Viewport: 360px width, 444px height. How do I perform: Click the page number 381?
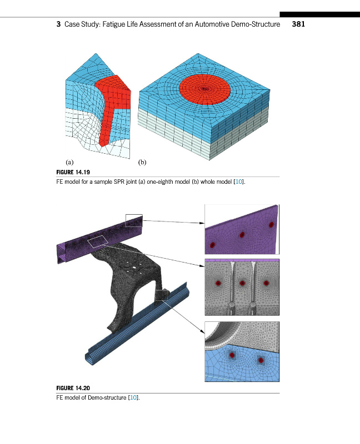click(x=298, y=24)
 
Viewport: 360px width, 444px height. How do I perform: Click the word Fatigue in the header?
click(x=114, y=24)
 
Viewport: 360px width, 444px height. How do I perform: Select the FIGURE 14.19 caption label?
click(x=73, y=172)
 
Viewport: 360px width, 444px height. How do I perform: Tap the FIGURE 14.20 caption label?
click(x=73, y=388)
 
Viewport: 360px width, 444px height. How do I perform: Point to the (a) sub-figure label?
click(x=69, y=162)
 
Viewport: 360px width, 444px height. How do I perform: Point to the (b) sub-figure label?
click(x=142, y=162)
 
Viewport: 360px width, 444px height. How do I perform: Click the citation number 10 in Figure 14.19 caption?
click(x=239, y=182)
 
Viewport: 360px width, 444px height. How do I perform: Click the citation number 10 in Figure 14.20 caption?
click(x=133, y=397)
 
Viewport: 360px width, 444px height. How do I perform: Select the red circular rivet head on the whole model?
click(x=204, y=89)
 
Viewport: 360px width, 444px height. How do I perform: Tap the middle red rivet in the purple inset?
click(x=242, y=235)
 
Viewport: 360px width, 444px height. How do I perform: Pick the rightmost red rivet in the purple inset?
click(x=271, y=225)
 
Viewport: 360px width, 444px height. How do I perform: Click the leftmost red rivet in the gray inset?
click(x=218, y=283)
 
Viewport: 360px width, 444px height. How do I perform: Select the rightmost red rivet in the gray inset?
click(x=266, y=283)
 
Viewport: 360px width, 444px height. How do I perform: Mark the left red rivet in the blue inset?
click(x=232, y=355)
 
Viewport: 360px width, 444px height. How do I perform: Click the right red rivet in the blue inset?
click(x=261, y=360)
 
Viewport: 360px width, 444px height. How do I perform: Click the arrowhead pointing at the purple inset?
click(x=202, y=223)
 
